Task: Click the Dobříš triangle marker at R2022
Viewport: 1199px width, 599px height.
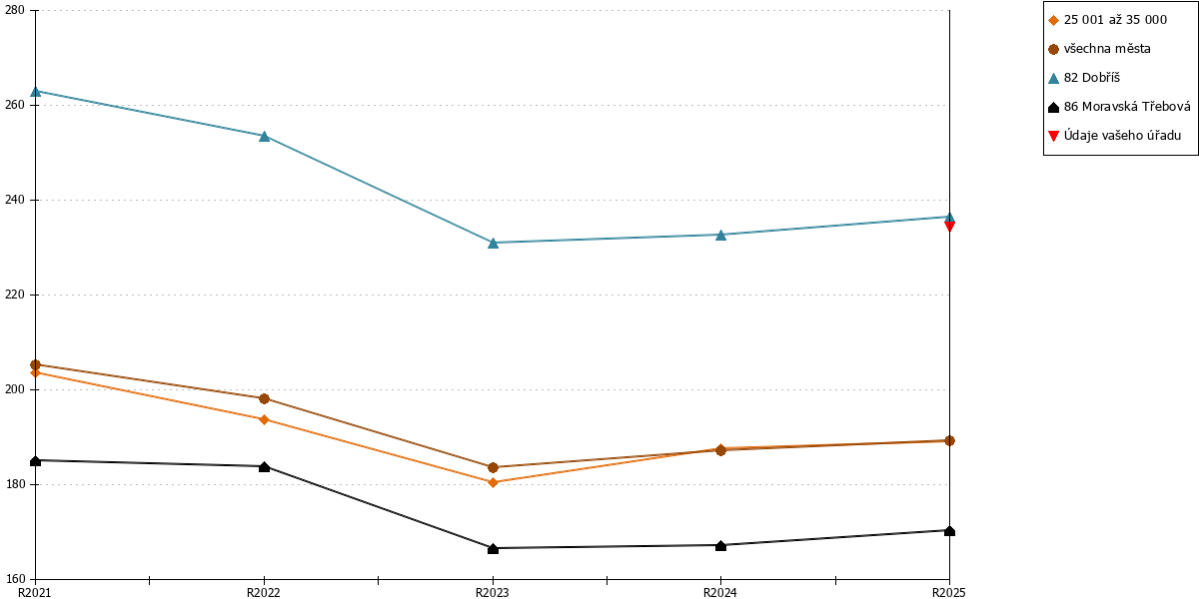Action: pyautogui.click(x=264, y=137)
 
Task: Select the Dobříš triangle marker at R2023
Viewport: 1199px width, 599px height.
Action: pyautogui.click(x=493, y=244)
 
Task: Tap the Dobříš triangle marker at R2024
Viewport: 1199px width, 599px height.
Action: pyautogui.click(x=721, y=235)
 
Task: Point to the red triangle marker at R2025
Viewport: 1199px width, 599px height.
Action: pyautogui.click(x=949, y=226)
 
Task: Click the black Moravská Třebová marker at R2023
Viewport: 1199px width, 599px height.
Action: pyautogui.click(x=493, y=549)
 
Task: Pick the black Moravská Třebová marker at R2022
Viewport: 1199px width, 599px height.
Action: pyautogui.click(x=264, y=467)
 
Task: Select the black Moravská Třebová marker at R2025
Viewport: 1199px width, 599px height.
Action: pyautogui.click(x=949, y=530)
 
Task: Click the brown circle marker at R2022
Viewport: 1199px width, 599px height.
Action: pyautogui.click(x=264, y=398)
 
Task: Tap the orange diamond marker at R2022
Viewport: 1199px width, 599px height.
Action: pyautogui.click(x=264, y=420)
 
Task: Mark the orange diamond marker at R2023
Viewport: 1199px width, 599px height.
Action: pyautogui.click(x=493, y=482)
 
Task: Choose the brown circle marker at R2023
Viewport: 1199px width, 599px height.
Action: pyautogui.click(x=493, y=467)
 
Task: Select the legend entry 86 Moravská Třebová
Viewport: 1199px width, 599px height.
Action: pyautogui.click(x=1119, y=107)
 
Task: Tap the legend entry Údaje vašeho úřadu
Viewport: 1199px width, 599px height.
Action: pyautogui.click(x=1114, y=136)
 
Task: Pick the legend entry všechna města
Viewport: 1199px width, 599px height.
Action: pyautogui.click(x=1099, y=49)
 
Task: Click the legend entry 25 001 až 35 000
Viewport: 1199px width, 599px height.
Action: pyautogui.click(x=1107, y=20)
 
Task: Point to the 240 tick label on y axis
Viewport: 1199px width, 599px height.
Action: pyautogui.click(x=15, y=200)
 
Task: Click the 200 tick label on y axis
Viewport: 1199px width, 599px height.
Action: pyautogui.click(x=15, y=389)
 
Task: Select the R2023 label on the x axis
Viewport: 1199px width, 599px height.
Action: pyautogui.click(x=493, y=593)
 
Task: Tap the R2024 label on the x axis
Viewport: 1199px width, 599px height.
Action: pyautogui.click(x=720, y=593)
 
